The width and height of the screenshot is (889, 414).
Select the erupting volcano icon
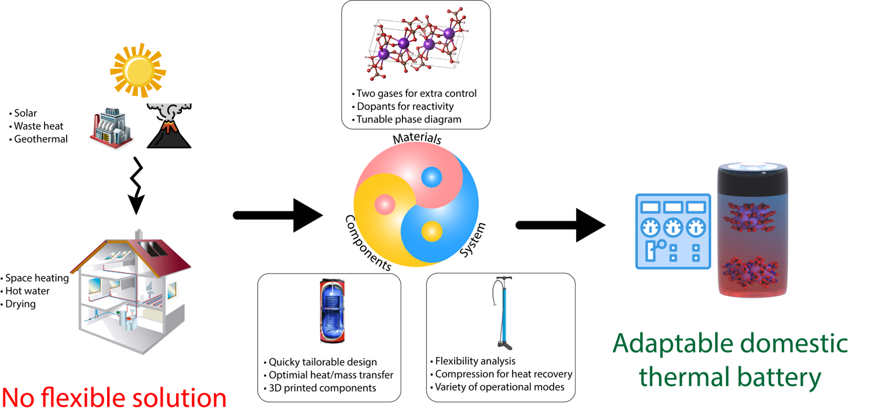169,126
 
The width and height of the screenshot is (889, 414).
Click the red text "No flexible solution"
114,398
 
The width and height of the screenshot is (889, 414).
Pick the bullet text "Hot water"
27,291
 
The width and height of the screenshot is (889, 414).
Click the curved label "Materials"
417,139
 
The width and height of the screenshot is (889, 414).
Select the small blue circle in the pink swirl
431,176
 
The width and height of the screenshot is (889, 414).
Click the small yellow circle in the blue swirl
431,231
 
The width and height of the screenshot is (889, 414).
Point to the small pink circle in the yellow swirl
385,204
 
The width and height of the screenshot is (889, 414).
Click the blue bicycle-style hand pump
500,313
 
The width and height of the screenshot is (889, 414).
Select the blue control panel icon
673,231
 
